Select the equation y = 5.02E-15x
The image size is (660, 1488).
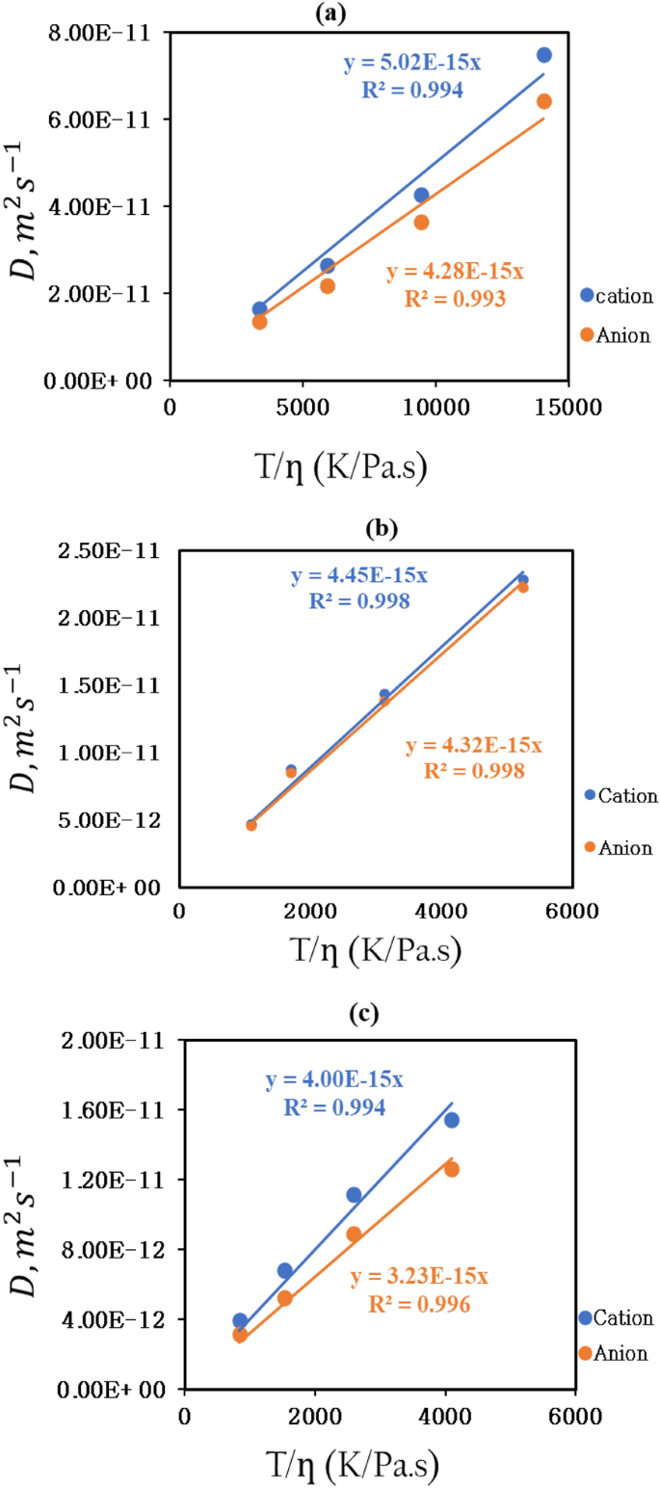tap(413, 65)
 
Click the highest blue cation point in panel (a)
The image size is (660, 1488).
tap(543, 55)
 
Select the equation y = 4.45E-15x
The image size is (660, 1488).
tap(358, 575)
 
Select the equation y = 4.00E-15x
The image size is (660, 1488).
tap(334, 1080)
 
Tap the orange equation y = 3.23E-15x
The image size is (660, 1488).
tap(419, 1277)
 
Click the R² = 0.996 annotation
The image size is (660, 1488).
tap(419, 1304)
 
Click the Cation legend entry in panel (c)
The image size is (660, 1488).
tap(617, 1317)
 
